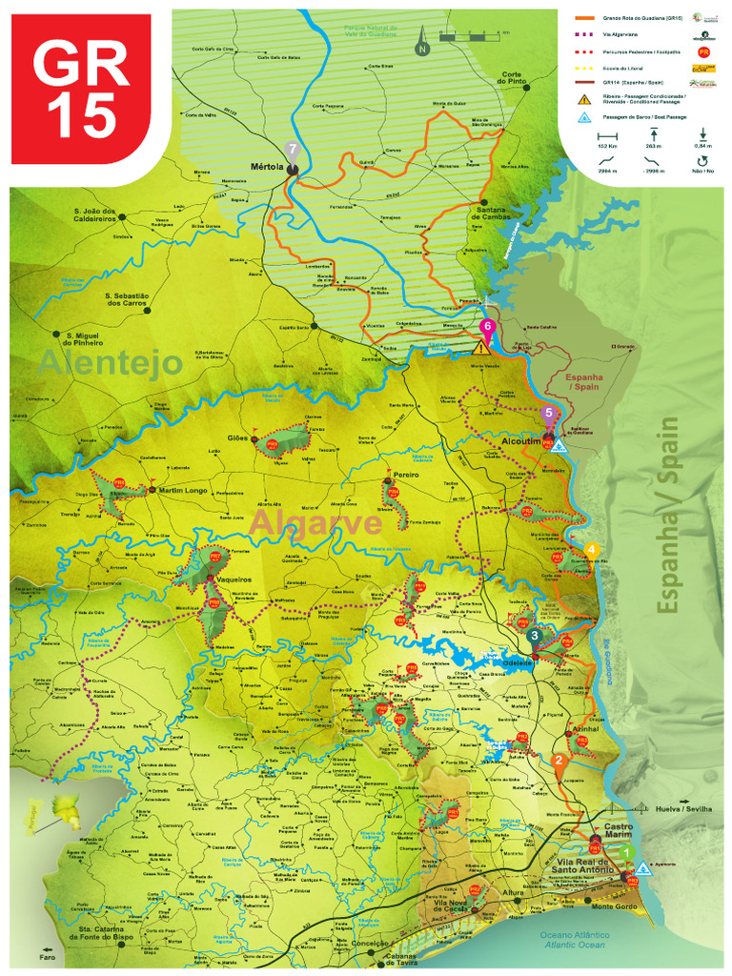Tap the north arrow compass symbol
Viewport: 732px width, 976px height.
click(421, 43)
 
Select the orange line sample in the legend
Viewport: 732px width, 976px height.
click(583, 17)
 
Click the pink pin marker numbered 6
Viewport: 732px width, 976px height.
click(488, 328)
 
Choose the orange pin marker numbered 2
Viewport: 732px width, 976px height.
click(559, 762)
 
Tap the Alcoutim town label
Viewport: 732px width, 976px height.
click(521, 441)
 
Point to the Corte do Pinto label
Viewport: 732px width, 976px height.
click(513, 79)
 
